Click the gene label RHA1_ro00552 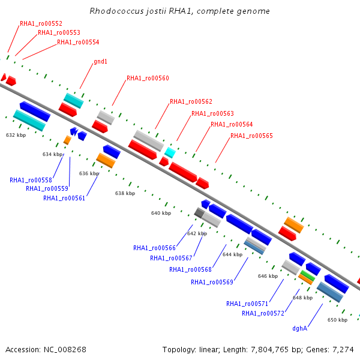point(41,23)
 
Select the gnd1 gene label point(100,62)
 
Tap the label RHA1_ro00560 point(148,78)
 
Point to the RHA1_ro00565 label point(251,136)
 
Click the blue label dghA point(299,329)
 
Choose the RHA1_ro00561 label point(64,198)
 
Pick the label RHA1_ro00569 point(212,282)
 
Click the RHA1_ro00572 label point(263,313)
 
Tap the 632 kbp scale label point(16,135)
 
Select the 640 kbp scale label point(161,213)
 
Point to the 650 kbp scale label point(337,320)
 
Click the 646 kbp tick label point(268,276)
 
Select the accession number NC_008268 point(65,350)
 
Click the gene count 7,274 point(343,350)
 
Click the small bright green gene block point(308,275)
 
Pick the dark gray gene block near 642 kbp point(199,213)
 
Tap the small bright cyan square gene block point(170,152)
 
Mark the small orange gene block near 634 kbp point(67,140)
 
